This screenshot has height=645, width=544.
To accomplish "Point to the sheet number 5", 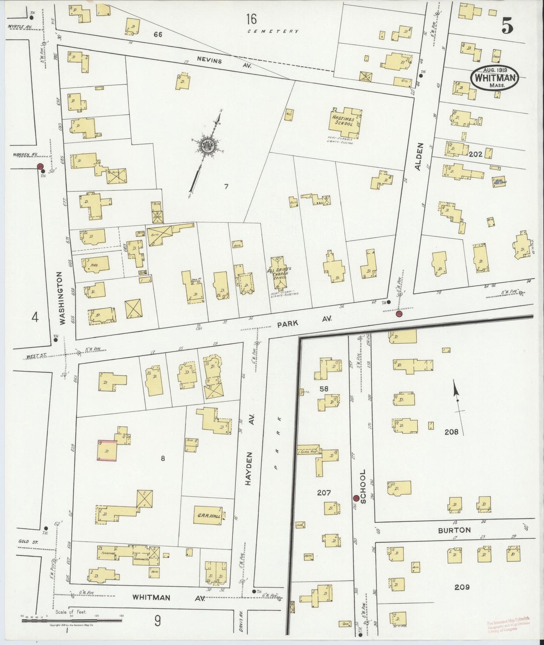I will click(507, 25).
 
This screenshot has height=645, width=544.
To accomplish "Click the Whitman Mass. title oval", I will click(495, 78).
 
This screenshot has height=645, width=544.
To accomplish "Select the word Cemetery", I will click(273, 31).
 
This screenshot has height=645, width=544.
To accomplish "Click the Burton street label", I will click(454, 530).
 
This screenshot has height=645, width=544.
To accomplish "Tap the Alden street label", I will click(420, 157).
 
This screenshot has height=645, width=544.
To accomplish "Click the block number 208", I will click(451, 432).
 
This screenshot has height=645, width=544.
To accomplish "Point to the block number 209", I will click(462, 587).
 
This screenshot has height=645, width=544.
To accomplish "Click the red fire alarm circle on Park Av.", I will click(399, 314).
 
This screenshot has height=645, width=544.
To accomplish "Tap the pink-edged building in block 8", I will click(107, 450).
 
